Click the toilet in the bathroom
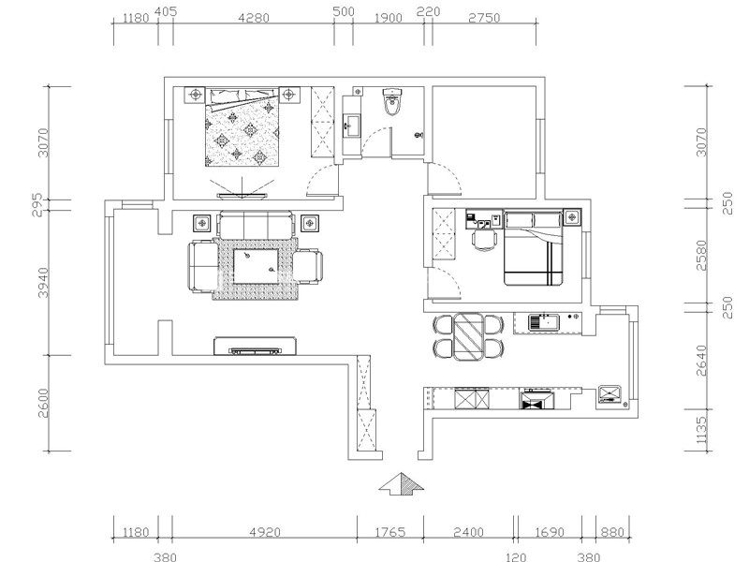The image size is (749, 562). coord(392,102)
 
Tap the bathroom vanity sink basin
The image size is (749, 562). coord(351,126)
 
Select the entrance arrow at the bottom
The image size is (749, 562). coord(402,483)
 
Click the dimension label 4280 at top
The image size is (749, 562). coord(254,18)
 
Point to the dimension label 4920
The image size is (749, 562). coord(266,532)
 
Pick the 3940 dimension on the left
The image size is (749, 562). coord(43,283)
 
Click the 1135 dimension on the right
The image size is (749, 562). coord(700,430)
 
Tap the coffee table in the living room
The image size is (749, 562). coord(256,266)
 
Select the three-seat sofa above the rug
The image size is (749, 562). coord(256,225)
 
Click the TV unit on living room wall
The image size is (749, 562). coord(255,346)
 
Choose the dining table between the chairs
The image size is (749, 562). coord(469,336)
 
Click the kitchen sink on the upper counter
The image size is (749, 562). coord(544,321)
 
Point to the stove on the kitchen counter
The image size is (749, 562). coord(536,400)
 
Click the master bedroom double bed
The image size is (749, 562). coord(242,126)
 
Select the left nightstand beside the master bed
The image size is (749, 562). coord(195,95)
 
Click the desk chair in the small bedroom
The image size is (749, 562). coord(485,240)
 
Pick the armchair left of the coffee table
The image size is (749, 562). coord(204,266)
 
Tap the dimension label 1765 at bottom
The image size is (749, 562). coord(390,532)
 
